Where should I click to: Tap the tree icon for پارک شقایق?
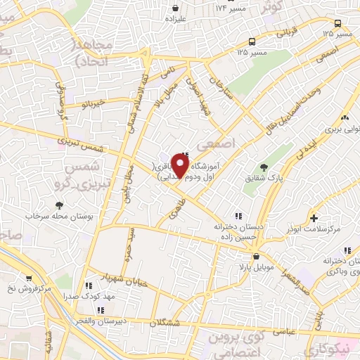pyautogui.click(x=264, y=167)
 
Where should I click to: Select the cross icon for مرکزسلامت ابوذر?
pyautogui.click(x=314, y=218)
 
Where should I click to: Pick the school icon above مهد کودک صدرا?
pyautogui.click(x=89, y=286)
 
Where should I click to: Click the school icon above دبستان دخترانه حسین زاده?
pyautogui.click(x=238, y=216)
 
